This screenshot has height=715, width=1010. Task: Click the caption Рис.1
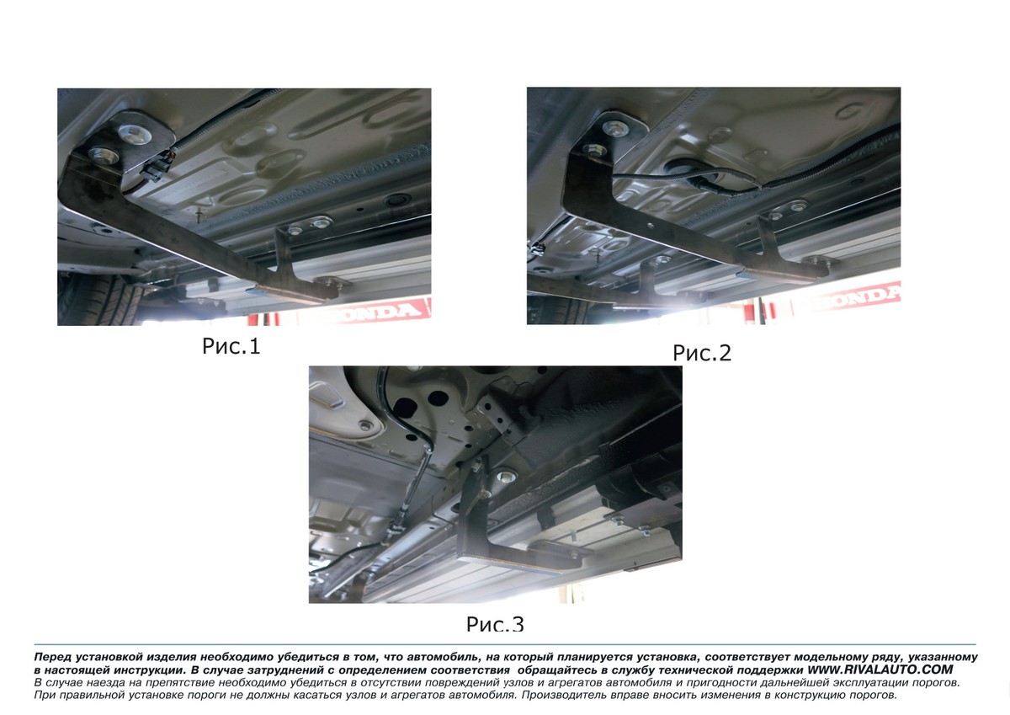click(231, 346)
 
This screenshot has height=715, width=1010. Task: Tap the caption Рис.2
click(702, 353)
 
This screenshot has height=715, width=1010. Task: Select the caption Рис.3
click(495, 624)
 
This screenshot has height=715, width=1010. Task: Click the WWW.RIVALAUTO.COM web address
click(880, 670)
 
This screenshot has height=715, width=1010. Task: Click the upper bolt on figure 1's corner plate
click(135, 134)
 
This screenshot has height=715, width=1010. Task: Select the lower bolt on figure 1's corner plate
click(104, 156)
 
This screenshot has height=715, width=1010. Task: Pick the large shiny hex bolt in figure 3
click(506, 475)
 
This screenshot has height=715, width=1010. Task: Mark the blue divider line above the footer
click(505, 644)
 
